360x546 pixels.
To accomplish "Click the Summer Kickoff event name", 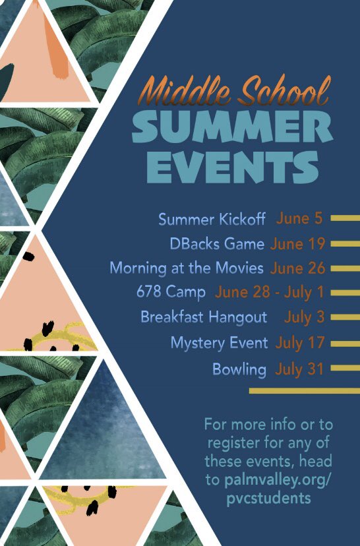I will point(212,219).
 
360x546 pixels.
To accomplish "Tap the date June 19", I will point(298,244).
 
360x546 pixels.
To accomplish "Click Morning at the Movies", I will point(187,268).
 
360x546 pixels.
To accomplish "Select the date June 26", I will point(298,268).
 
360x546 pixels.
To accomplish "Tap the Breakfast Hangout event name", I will point(204,317).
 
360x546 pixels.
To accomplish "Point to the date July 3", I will point(305,317).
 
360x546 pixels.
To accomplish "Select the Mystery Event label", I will point(219,343).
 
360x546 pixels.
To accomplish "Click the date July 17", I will point(300,343).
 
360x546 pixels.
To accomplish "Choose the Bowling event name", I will point(239,369).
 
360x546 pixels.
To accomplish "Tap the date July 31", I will point(300,369).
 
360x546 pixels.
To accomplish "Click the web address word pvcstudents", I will point(266,499).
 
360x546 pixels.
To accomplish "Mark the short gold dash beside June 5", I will point(344,218).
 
